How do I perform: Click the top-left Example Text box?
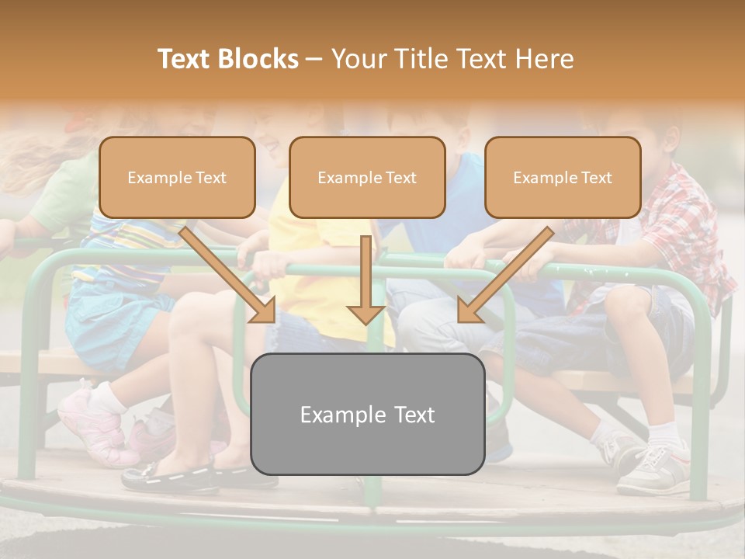(177, 177)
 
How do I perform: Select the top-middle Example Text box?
(367, 177)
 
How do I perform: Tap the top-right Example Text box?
(563, 177)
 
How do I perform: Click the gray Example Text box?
(368, 415)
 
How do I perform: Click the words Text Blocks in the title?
(227, 59)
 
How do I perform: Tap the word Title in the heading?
(423, 59)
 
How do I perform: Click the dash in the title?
(314, 60)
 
